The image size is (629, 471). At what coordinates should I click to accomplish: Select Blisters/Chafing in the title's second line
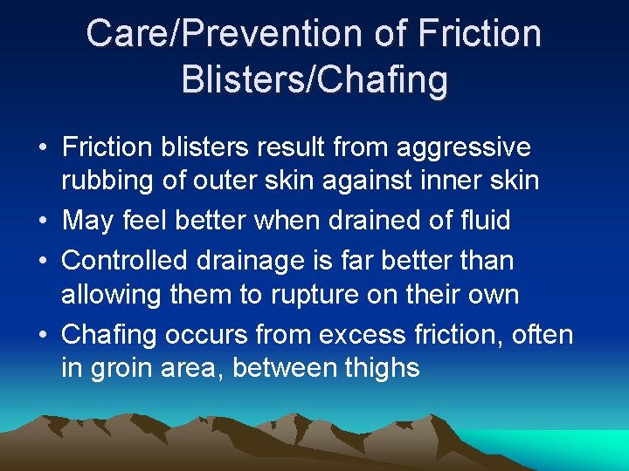tap(314, 79)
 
